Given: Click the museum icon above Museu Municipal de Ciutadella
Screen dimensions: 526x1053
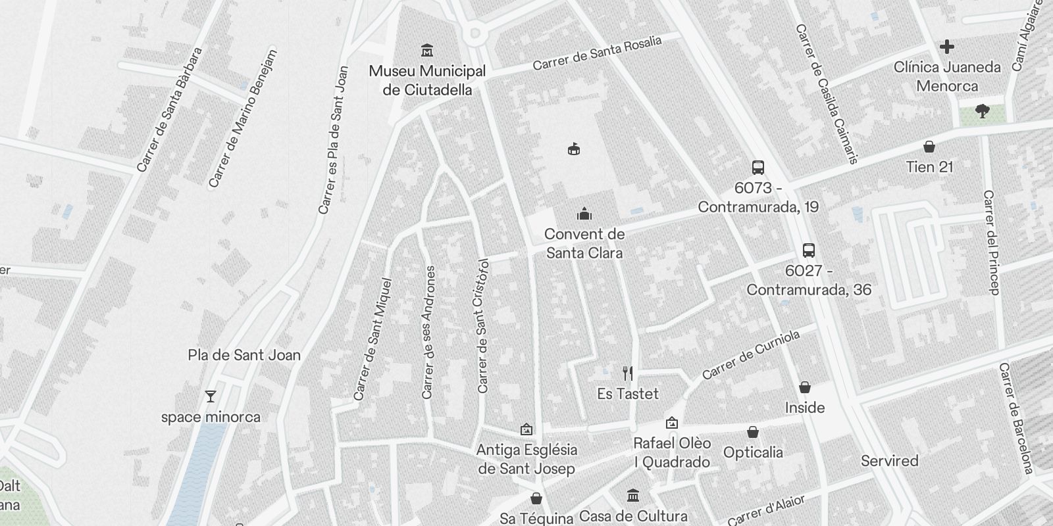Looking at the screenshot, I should pyautogui.click(x=427, y=50).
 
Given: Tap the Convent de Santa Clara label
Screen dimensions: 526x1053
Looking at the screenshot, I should pyautogui.click(x=584, y=243).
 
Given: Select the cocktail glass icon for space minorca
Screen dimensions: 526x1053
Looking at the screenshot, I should pyautogui.click(x=211, y=396).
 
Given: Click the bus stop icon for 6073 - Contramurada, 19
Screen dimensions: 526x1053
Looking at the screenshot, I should pyautogui.click(x=758, y=168).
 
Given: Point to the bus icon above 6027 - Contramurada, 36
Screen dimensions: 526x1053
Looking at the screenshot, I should pyautogui.click(x=809, y=251).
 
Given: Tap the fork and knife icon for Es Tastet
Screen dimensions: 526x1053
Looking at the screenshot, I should pyautogui.click(x=628, y=373).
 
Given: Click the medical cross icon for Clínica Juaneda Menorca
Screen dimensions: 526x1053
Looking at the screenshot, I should pyautogui.click(x=947, y=47).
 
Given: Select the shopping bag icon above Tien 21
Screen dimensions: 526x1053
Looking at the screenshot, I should pyautogui.click(x=929, y=146).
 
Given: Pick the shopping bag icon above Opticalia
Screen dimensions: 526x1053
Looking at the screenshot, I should pyautogui.click(x=753, y=432).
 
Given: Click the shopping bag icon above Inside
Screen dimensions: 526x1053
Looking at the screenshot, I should pyautogui.click(x=804, y=387).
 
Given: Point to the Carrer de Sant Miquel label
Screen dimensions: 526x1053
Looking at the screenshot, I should pyautogui.click(x=372, y=339).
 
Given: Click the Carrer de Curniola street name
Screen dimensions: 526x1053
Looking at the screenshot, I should pyautogui.click(x=751, y=355).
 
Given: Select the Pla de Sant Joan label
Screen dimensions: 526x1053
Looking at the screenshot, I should pyautogui.click(x=244, y=355).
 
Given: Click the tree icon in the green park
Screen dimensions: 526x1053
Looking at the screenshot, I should pyautogui.click(x=983, y=111).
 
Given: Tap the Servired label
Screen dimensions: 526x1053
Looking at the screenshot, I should pyautogui.click(x=890, y=461).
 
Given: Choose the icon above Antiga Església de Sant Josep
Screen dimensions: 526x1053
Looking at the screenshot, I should pyautogui.click(x=526, y=430).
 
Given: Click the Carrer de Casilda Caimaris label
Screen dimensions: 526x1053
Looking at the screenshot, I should pyautogui.click(x=827, y=93).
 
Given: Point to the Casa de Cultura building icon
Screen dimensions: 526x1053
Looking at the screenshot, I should pyautogui.click(x=633, y=495).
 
